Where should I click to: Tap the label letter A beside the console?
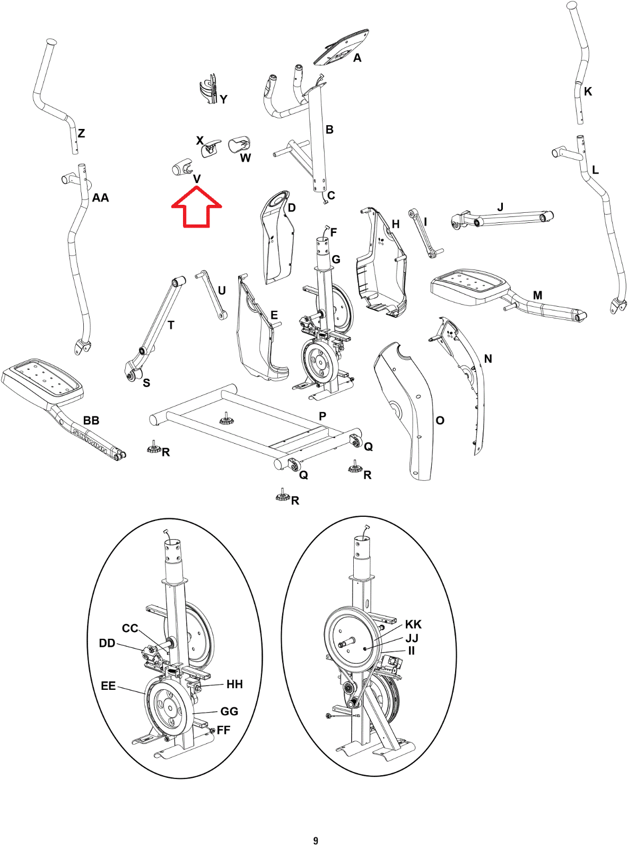[357, 58]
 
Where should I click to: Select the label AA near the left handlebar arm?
[100, 198]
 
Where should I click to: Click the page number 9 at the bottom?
[316, 841]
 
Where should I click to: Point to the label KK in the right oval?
[413, 624]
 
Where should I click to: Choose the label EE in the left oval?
[108, 686]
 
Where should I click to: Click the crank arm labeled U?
[211, 294]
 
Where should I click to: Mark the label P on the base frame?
[322, 416]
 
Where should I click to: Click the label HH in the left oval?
[234, 685]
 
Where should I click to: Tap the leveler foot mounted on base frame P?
[226, 419]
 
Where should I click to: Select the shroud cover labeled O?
[406, 409]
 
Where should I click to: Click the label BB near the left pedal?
[91, 420]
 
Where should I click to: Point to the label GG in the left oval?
[229, 712]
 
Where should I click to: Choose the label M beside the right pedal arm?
[537, 295]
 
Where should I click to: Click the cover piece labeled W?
[239, 144]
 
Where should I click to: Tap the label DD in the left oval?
[107, 643]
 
